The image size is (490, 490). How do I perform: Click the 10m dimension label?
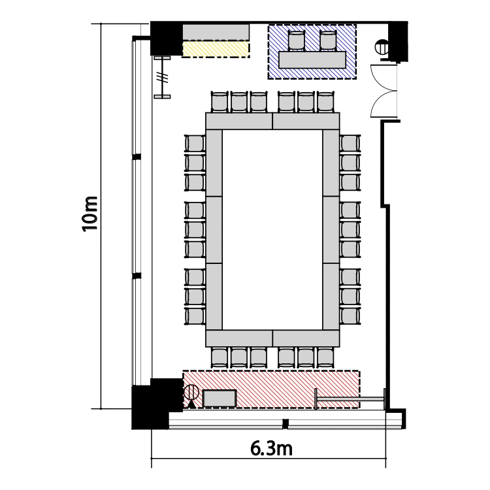point(90,214)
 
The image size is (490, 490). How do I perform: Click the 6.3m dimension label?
point(271,448)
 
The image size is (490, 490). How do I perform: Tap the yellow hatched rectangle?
point(216,50)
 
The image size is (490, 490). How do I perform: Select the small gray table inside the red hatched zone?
point(220,399)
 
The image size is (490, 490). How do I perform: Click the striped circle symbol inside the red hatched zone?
point(191,392)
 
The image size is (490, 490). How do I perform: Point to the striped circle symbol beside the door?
point(382,47)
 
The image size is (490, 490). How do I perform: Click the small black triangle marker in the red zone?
point(191,404)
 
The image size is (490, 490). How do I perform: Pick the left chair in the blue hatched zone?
point(296,41)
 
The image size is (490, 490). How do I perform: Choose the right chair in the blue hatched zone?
point(328,41)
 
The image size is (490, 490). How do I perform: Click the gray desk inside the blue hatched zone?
point(312,59)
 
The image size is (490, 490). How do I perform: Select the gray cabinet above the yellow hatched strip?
point(216,32)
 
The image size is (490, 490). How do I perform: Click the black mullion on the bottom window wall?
point(285,424)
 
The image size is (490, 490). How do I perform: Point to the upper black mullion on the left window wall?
point(137,157)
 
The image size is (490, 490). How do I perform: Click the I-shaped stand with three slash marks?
point(163,77)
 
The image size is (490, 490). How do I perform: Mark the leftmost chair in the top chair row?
point(220,102)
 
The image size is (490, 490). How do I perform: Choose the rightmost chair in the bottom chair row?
point(325,357)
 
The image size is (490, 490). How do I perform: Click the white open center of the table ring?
point(272,229)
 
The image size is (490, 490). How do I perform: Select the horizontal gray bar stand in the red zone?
point(350,399)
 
